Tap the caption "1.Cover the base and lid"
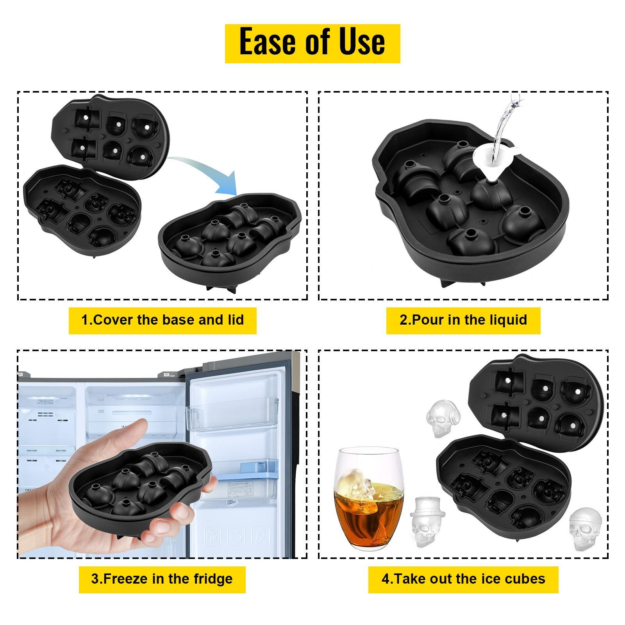[162, 320]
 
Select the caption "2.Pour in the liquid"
[463, 320]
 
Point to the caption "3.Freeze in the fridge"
[162, 579]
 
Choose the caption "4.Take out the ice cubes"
[463, 579]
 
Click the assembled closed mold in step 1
[230, 238]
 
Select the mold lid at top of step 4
[535, 402]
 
